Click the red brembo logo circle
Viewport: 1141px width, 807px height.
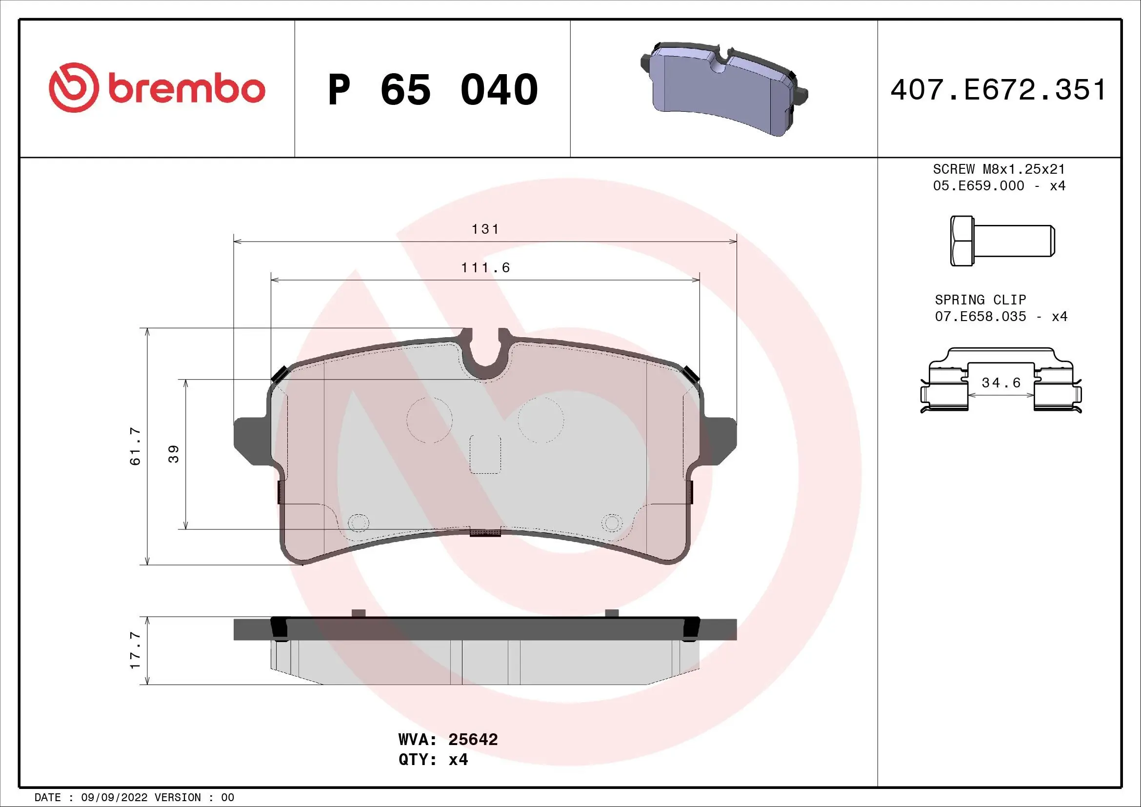pos(74,87)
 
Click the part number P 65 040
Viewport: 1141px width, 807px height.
pos(432,90)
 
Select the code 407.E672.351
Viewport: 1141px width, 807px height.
pos(998,90)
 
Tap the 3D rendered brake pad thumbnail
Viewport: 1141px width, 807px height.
pos(723,88)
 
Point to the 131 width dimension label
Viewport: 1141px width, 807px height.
pos(485,229)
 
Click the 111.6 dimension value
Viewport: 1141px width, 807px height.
pos(485,268)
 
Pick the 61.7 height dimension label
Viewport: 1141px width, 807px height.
pos(135,446)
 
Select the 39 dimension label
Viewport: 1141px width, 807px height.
pos(174,454)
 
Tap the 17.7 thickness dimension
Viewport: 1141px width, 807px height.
pos(135,650)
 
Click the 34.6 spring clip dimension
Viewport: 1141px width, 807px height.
pos(1001,383)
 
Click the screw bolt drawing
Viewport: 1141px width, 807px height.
pos(1002,241)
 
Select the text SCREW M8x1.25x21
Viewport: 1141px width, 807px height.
pos(999,169)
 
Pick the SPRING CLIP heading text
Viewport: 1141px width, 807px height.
pos(980,300)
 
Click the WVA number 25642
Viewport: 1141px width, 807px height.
pos(473,739)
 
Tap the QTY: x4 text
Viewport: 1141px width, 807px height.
pos(433,760)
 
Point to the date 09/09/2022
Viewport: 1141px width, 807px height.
pos(114,798)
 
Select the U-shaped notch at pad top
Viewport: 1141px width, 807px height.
pos(485,350)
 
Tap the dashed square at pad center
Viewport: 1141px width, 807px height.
pos(485,454)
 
